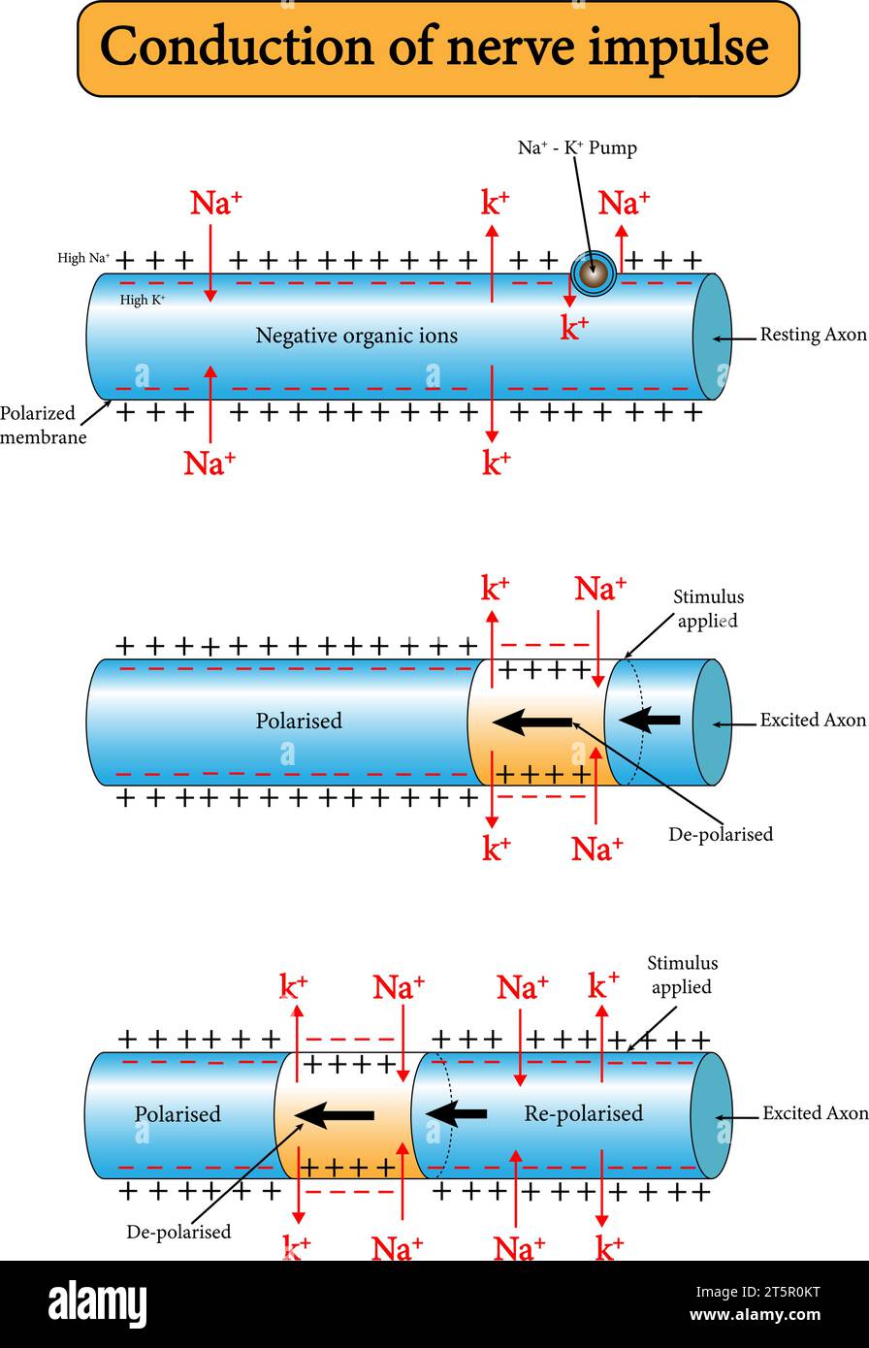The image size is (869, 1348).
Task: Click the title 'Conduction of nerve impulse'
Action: [x=434, y=48]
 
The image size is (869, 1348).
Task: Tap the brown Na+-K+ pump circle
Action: [x=592, y=273]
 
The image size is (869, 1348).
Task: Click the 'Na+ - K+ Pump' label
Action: [x=577, y=148]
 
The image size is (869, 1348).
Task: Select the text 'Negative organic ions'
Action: [x=356, y=337]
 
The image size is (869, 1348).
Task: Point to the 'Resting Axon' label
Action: [x=813, y=336]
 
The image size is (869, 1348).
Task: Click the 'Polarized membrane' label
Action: [x=44, y=425]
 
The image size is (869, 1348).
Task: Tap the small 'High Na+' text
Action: [x=84, y=259]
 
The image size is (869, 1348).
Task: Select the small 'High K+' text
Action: [x=143, y=301]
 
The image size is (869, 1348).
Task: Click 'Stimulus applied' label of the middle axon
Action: [x=709, y=608]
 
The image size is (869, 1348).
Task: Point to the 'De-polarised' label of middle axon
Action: [x=721, y=834]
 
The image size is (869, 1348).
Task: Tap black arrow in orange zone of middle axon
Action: [x=532, y=722]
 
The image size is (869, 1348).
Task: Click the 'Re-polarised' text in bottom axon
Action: [x=583, y=1113]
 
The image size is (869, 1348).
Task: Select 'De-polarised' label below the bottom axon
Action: [x=178, y=1233]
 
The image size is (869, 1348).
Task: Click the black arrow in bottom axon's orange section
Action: [x=336, y=1114]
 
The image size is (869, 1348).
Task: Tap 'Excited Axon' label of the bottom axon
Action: [x=815, y=1113]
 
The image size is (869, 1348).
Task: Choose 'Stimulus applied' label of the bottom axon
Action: [x=683, y=975]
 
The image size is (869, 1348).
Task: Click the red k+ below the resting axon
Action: [x=496, y=463]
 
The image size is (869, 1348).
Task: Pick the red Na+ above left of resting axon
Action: [x=215, y=203]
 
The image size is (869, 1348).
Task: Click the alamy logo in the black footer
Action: [x=98, y=1304]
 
